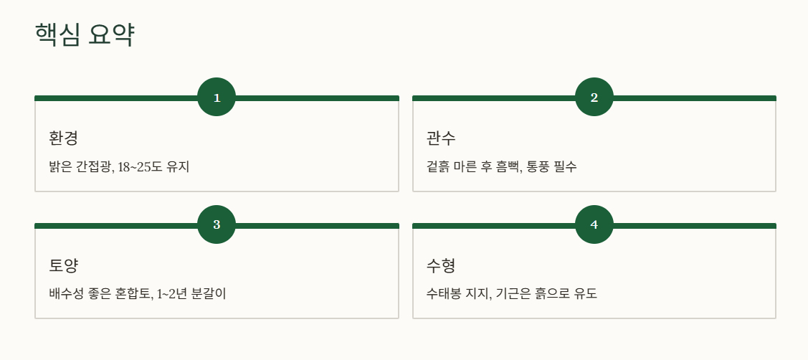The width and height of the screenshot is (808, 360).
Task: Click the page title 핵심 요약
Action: click(x=85, y=35)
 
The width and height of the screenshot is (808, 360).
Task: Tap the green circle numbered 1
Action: click(x=217, y=97)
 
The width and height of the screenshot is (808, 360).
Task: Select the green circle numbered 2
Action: click(x=594, y=97)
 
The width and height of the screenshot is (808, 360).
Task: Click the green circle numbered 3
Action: click(x=217, y=224)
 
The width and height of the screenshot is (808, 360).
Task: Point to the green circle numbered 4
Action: click(x=594, y=224)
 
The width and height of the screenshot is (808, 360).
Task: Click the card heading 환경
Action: click(x=63, y=138)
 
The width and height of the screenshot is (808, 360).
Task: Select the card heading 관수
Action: click(x=441, y=138)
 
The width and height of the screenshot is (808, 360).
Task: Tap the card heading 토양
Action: click(x=63, y=265)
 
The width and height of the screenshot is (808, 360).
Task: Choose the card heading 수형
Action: click(x=441, y=265)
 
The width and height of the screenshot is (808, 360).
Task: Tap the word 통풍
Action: click(x=538, y=167)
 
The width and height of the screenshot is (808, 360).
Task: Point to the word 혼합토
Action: click(x=136, y=295)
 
